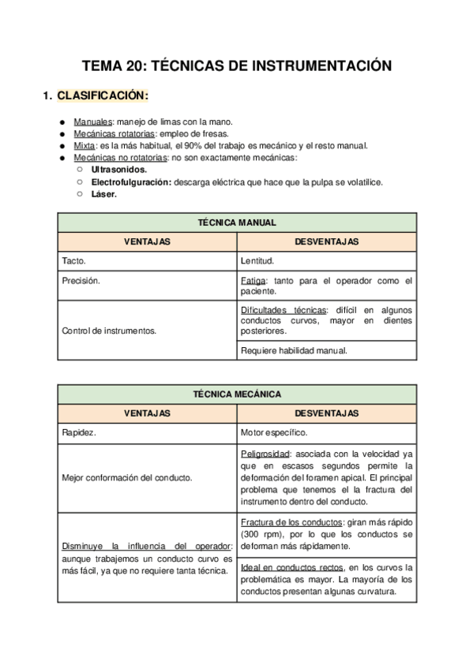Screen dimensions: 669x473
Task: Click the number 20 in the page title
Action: pyautogui.click(x=134, y=66)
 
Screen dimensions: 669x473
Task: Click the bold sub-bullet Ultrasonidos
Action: pyautogui.click(x=118, y=170)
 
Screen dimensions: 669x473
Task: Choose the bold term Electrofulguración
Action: pyautogui.click(x=131, y=182)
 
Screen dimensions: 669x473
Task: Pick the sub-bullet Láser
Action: pyautogui.click(x=103, y=194)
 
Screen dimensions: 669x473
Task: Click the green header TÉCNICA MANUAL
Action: pyautogui.click(x=236, y=222)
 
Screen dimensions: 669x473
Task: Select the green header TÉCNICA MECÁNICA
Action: pyautogui.click(x=236, y=394)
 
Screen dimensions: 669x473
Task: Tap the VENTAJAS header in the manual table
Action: pyautogui.click(x=147, y=241)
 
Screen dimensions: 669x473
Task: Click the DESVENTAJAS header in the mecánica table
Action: pyautogui.click(x=326, y=413)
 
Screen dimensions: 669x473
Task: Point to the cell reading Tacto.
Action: pyautogui.click(x=73, y=261)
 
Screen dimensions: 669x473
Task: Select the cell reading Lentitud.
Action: pyautogui.click(x=257, y=261)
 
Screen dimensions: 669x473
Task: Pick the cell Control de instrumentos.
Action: pyautogui.click(x=108, y=331)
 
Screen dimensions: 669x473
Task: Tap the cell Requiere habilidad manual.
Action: pyautogui.click(x=294, y=351)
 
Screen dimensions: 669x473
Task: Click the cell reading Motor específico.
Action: pyautogui.click(x=274, y=433)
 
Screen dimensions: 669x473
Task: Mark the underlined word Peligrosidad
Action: pyautogui.click(x=265, y=454)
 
